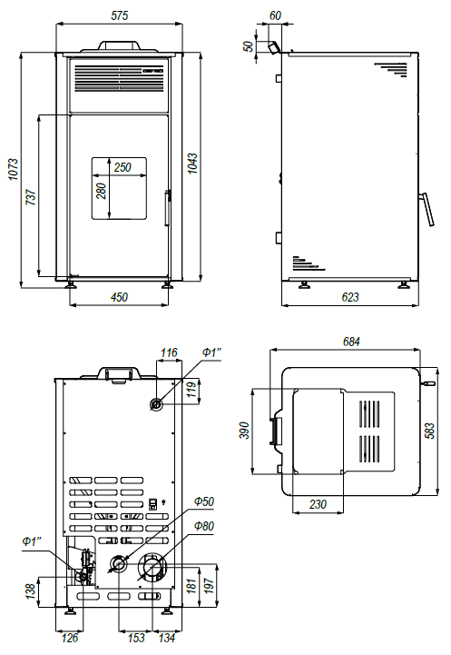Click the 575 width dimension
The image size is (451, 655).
(x=119, y=15)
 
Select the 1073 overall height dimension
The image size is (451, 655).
(x=14, y=169)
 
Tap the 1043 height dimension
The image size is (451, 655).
(x=192, y=164)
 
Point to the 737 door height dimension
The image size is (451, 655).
(x=31, y=197)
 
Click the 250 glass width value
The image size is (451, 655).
(x=123, y=167)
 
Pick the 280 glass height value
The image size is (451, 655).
(x=101, y=191)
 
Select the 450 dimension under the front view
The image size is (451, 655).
(x=119, y=297)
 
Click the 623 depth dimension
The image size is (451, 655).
(x=350, y=297)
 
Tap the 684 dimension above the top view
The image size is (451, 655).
(x=351, y=342)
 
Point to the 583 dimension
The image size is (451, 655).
(x=430, y=431)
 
